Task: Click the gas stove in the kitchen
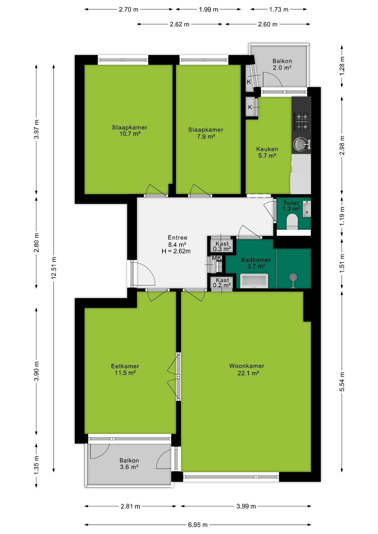[302, 121]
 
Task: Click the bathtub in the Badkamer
[254, 281]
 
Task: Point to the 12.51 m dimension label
[54, 268]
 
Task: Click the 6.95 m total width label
[198, 525]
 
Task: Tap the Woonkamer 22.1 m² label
[247, 369]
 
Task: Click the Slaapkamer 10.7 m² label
[130, 130]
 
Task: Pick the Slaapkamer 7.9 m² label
[206, 133]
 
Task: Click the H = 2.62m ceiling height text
[176, 251]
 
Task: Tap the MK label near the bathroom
[217, 258]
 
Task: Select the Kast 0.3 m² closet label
[222, 246]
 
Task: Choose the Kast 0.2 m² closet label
[222, 283]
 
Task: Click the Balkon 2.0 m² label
[282, 64]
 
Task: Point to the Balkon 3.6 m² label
[129, 464]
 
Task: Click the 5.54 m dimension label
[342, 382]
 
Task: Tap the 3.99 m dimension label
[246, 506]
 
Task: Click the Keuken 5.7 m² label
[267, 152]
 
